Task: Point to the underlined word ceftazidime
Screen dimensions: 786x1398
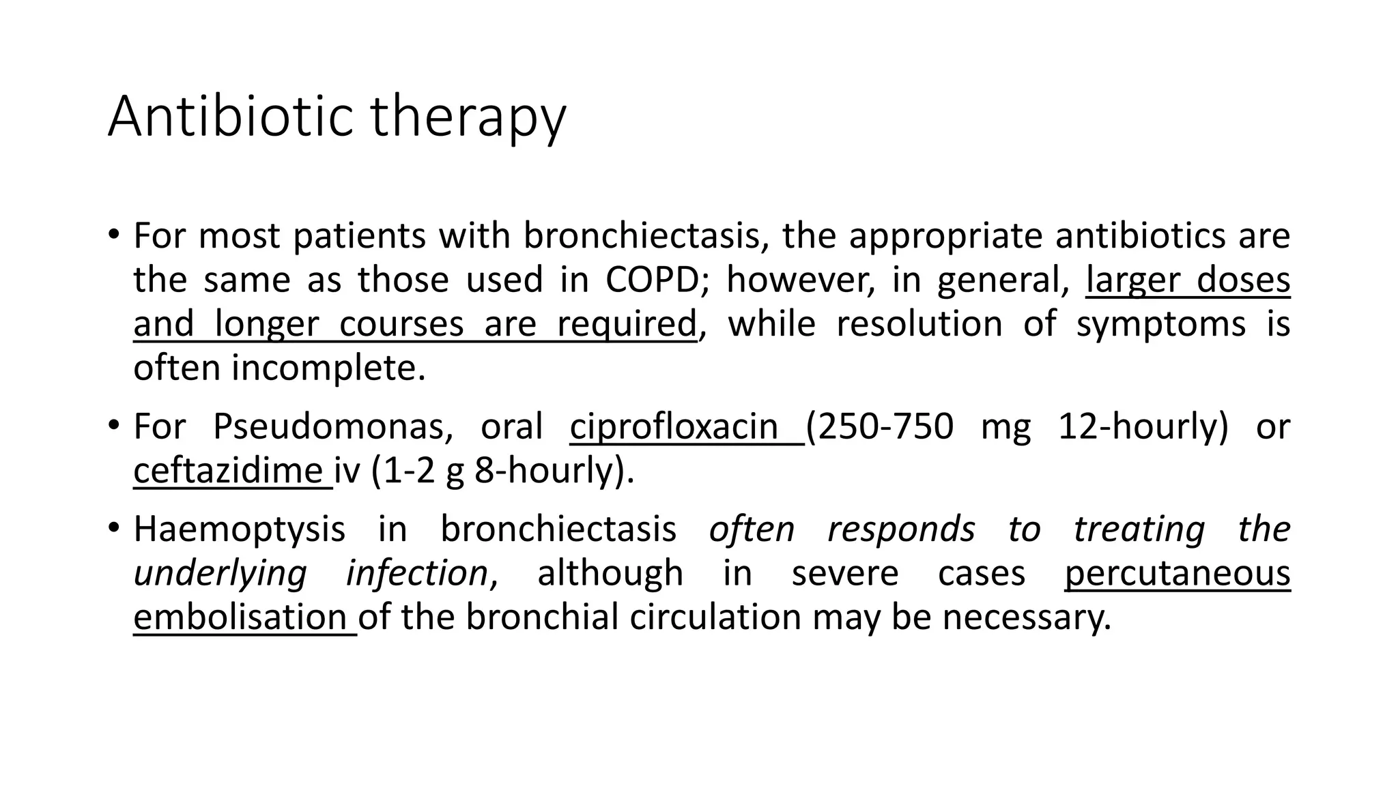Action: pyautogui.click(x=228, y=471)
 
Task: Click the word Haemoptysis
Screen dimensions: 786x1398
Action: pyautogui.click(x=239, y=529)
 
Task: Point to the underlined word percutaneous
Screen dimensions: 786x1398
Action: pyautogui.click(x=1178, y=573)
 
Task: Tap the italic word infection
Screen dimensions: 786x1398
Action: pyautogui.click(x=416, y=573)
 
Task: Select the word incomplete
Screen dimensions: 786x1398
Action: pyautogui.click(x=328, y=368)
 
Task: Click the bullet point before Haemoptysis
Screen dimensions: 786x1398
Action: pyautogui.click(x=113, y=528)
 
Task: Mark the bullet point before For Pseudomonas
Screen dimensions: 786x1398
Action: pyautogui.click(x=113, y=426)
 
